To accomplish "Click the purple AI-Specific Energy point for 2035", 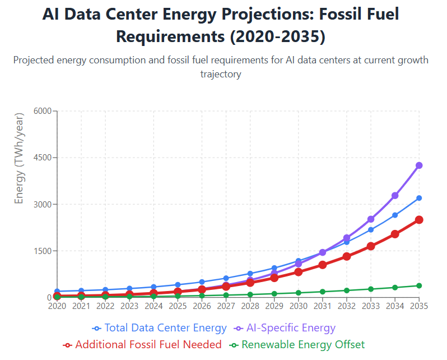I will click(419, 165).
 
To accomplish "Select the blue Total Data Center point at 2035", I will click(419, 198).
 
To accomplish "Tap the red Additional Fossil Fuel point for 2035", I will click(419, 220).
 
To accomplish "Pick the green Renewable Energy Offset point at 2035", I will click(419, 285).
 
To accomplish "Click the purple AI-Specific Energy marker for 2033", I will click(371, 219).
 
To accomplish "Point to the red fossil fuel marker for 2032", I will click(347, 256).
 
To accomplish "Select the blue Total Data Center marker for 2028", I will click(250, 274).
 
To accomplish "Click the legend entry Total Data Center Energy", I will click(160, 328).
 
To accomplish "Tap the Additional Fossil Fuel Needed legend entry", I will click(142, 344).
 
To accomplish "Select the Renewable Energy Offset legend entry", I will click(297, 344).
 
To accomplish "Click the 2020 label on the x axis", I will click(57, 306).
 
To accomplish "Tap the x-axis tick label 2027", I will click(226, 306).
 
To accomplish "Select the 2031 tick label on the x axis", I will click(323, 306).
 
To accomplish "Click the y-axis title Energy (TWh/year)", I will click(20, 158).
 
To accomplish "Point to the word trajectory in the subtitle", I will click(221, 74).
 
